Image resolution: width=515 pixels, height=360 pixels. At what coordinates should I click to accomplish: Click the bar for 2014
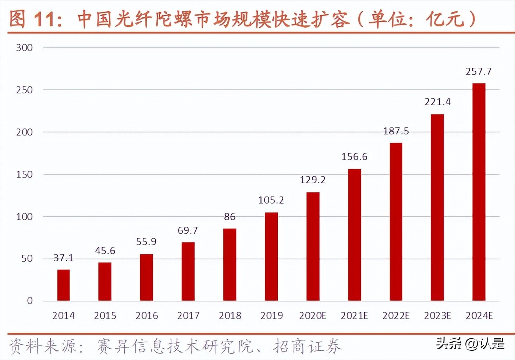point(63,285)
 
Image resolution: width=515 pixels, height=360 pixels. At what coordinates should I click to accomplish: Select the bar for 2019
point(271,257)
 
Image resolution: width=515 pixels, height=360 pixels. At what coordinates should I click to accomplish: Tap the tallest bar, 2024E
point(479,192)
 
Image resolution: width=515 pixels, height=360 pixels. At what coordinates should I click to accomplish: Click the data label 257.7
point(478,71)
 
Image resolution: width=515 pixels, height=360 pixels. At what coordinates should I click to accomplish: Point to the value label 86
point(230,217)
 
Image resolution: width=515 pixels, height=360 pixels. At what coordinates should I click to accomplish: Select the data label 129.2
point(313,180)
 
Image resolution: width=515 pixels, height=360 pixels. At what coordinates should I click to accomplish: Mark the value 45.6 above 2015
point(105,251)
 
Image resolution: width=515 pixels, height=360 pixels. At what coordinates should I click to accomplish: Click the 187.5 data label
point(396,131)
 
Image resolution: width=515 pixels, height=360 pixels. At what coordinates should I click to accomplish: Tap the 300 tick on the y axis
point(24,47)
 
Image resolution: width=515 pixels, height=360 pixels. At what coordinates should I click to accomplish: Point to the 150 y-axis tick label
point(24,174)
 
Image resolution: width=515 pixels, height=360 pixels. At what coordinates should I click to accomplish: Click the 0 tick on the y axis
point(30,301)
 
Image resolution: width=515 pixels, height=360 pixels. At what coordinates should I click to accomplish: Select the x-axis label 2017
point(188,315)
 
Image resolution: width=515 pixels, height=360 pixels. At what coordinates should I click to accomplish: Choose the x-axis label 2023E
point(437,315)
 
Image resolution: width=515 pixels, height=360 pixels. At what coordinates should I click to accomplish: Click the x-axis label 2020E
point(313,315)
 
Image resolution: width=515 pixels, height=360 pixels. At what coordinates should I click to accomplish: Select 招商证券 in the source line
point(307,346)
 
